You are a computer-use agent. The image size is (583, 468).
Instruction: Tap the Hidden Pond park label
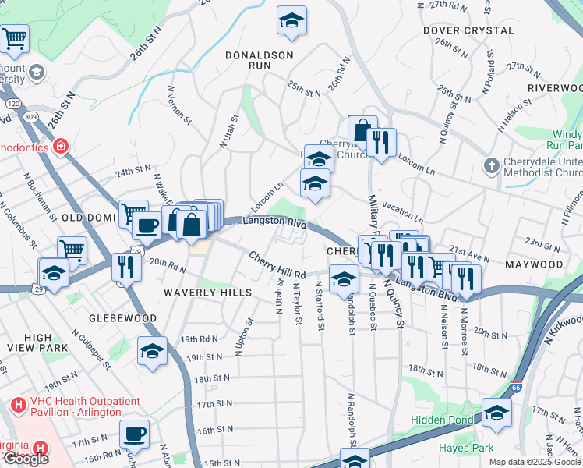[442, 420]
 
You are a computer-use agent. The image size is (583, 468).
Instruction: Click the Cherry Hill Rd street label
[277, 266]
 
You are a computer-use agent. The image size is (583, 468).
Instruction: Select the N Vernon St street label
[178, 105]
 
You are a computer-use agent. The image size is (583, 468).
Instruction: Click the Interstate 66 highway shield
[515, 386]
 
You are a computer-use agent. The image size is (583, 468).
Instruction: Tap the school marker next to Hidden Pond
[496, 413]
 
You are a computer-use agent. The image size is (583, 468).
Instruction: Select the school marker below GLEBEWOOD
[153, 351]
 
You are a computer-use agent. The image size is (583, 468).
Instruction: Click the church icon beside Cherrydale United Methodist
[491, 165]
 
